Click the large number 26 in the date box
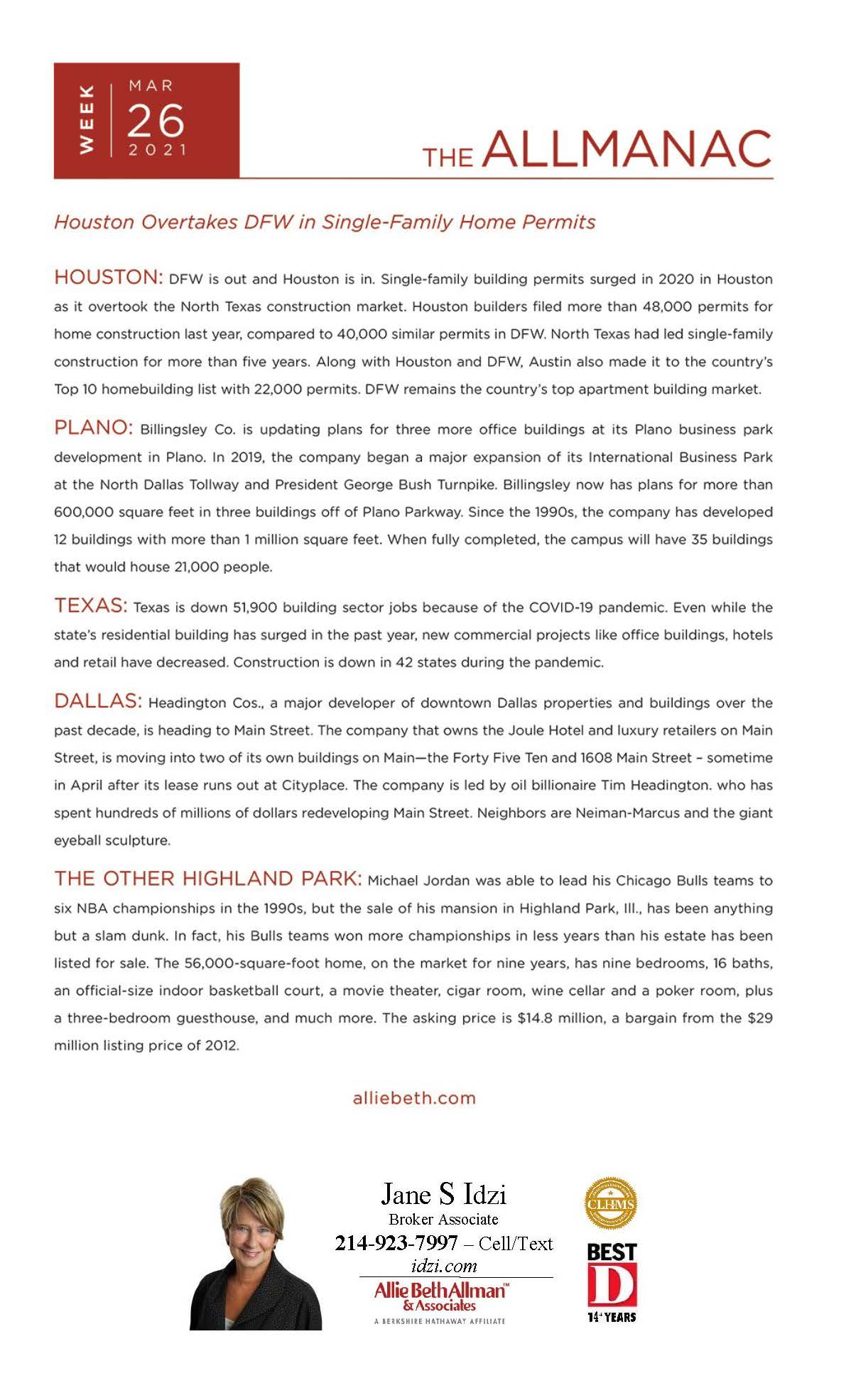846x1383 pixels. (156, 121)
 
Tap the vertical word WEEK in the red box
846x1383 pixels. (86, 119)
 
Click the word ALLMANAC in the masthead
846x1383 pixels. (629, 149)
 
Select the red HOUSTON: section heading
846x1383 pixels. (109, 277)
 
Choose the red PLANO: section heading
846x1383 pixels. (93, 428)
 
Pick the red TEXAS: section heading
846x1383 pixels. (90, 606)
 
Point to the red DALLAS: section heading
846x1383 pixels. (98, 701)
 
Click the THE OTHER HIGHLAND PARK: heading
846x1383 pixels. (208, 879)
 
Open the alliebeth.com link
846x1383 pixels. (414, 1097)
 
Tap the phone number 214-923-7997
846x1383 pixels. (396, 1243)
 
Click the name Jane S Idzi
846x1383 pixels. (443, 1194)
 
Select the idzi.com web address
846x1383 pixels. (444, 1266)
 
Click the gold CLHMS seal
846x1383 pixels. (610, 1203)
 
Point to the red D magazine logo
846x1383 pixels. (612, 1284)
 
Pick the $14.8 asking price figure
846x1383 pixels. (535, 1018)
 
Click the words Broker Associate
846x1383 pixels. (443, 1220)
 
